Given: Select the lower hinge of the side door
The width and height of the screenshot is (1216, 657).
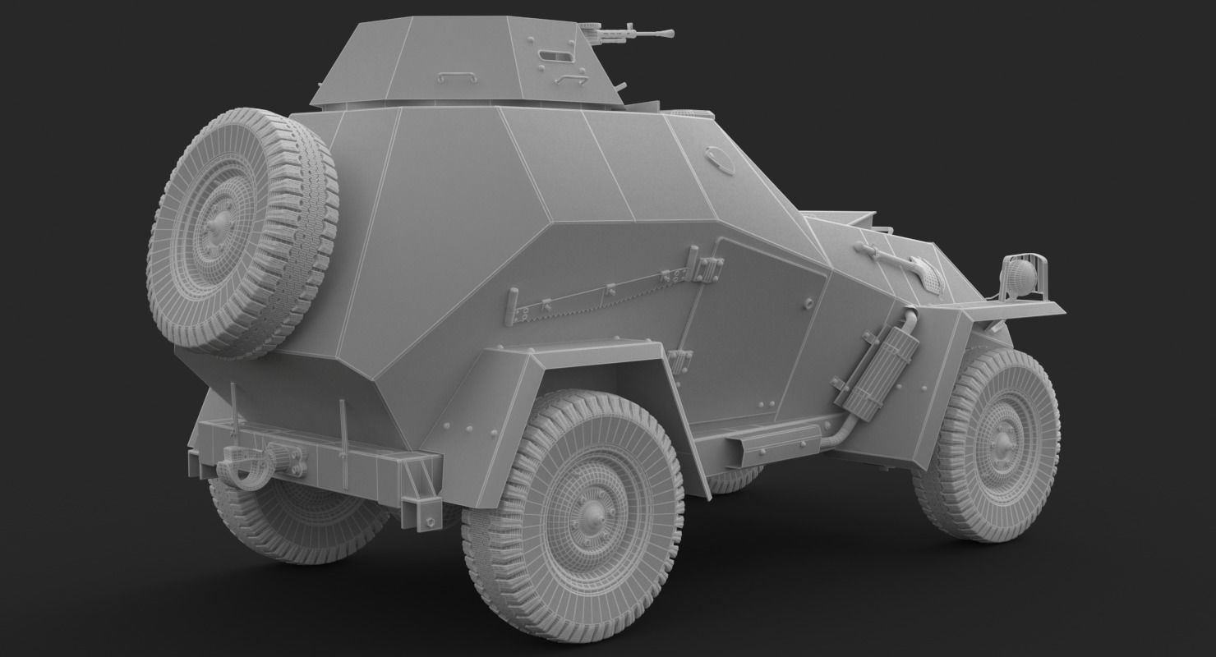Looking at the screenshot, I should [680, 359].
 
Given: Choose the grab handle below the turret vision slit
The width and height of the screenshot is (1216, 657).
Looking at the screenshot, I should [566, 79].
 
